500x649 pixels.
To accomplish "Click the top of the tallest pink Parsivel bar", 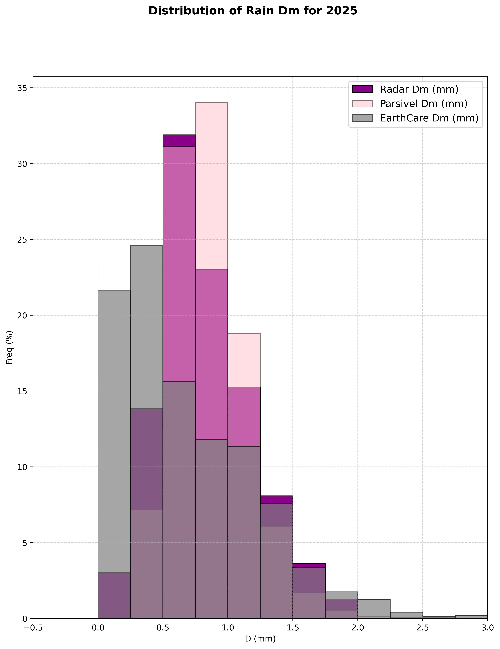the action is (212, 102).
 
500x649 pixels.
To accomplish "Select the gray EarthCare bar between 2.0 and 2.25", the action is (374, 609).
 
